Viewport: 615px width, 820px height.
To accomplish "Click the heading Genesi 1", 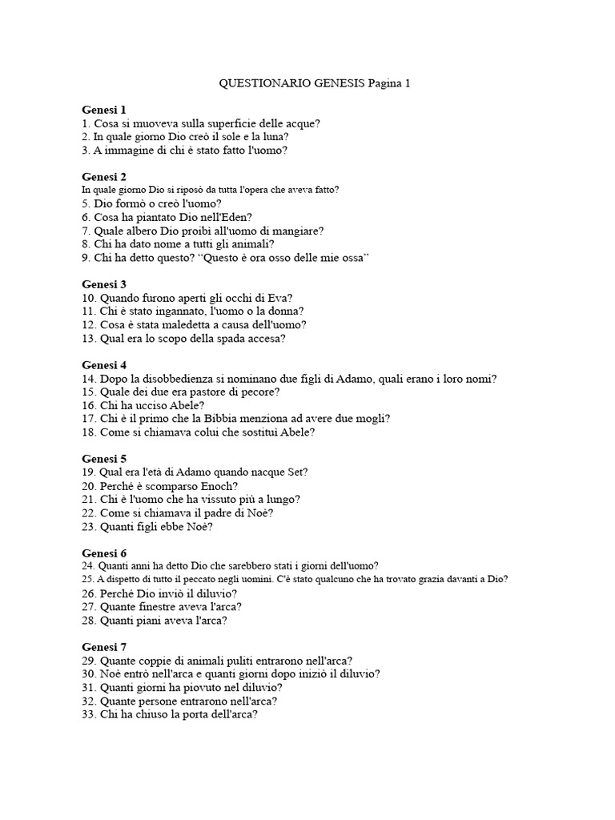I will [x=104, y=109].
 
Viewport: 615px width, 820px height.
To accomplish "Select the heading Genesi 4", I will [x=104, y=365].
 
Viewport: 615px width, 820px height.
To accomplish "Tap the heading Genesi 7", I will [x=104, y=647].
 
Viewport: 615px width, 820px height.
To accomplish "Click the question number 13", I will [x=89, y=338].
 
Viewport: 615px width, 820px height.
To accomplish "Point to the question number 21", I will [x=89, y=499].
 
